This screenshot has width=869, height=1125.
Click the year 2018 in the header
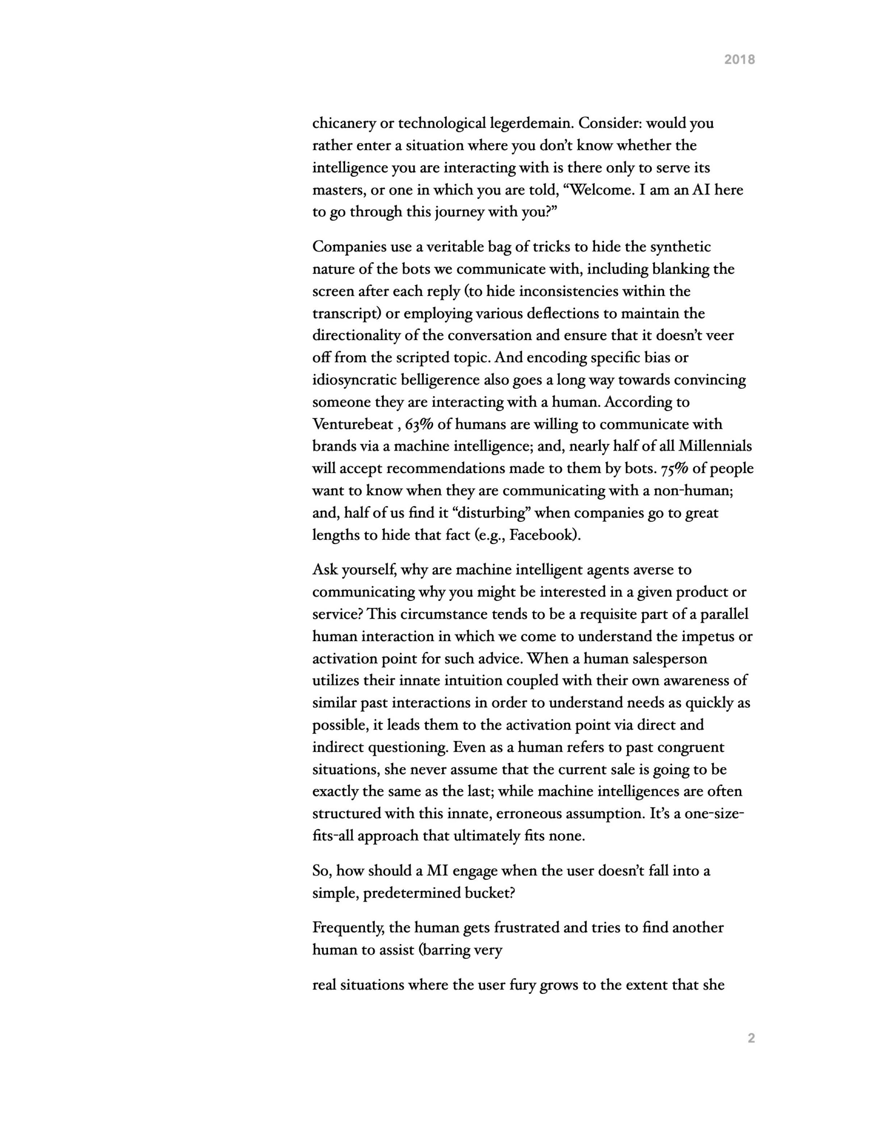point(739,60)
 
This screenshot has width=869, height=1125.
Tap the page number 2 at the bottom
point(751,1038)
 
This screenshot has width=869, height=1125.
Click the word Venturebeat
point(353,425)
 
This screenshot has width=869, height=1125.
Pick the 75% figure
point(675,469)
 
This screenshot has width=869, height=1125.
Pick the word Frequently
point(348,928)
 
